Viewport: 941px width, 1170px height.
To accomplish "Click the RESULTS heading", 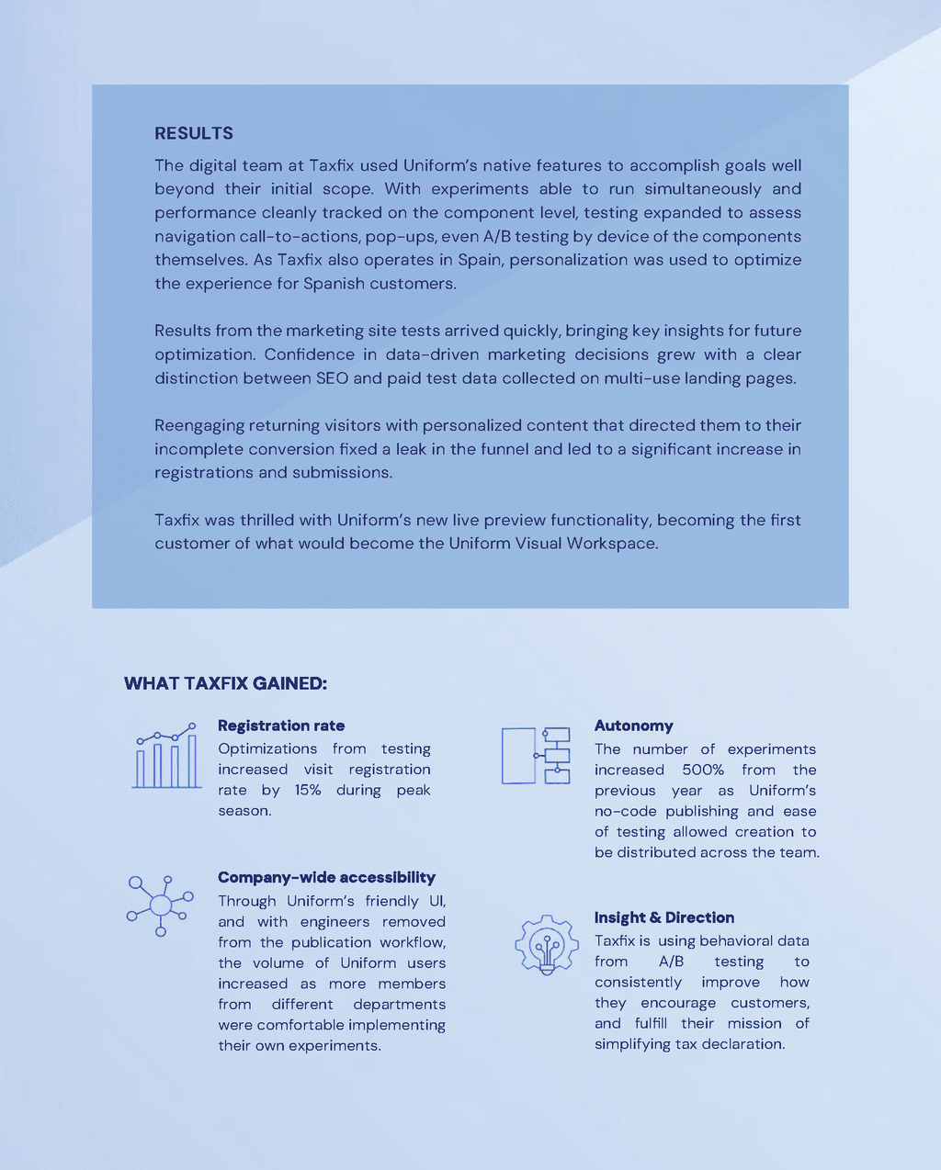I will [194, 133].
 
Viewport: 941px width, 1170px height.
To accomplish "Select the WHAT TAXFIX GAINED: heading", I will [225, 683].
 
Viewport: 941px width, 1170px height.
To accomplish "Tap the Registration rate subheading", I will [281, 726].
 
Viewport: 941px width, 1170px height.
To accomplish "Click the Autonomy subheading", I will [633, 726].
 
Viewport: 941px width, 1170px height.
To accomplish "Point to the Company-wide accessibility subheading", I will [326, 877].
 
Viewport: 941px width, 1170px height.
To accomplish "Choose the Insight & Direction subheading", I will [663, 917].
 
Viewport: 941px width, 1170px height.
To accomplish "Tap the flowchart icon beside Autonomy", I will [536, 755].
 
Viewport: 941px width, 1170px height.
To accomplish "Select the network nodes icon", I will [160, 906].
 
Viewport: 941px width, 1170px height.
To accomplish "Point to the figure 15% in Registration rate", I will [307, 790].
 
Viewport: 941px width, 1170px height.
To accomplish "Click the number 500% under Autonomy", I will [703, 770].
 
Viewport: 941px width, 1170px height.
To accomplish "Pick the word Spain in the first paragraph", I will [479, 260].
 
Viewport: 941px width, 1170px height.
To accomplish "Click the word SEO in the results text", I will [332, 378].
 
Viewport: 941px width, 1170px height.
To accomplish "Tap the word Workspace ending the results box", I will [611, 544].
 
